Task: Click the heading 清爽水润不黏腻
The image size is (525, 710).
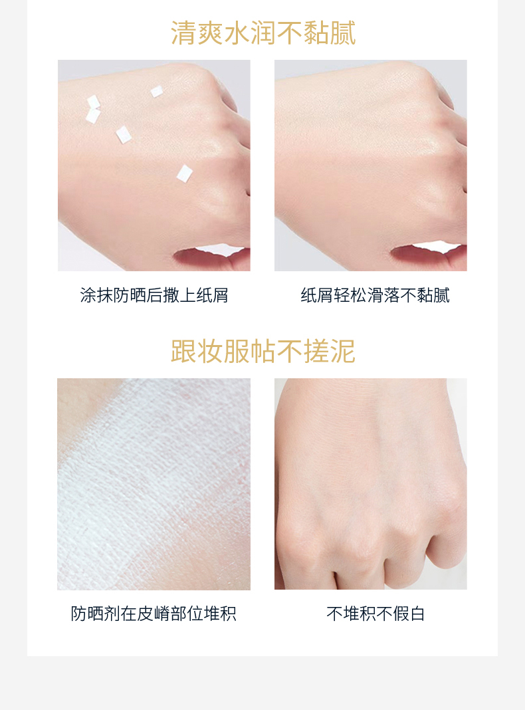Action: pyautogui.click(x=263, y=33)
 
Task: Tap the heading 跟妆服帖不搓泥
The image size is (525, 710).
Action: pyautogui.click(x=263, y=351)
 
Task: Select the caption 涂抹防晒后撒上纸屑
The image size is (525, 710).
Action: pyautogui.click(x=154, y=295)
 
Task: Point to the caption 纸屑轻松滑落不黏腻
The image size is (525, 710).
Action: pyautogui.click(x=375, y=295)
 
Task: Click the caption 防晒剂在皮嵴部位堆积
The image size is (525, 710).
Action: pyautogui.click(x=154, y=614)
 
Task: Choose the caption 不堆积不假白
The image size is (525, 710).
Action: pyautogui.click(x=375, y=614)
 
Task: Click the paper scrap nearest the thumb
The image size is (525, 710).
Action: pyautogui.click(x=184, y=174)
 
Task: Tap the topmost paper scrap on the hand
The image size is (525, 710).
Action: pyautogui.click(x=157, y=91)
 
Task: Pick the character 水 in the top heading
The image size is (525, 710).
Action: pyautogui.click(x=237, y=33)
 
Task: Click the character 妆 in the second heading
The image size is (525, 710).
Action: pyautogui.click(x=210, y=351)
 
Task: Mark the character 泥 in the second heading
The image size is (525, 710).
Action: pyautogui.click(x=343, y=351)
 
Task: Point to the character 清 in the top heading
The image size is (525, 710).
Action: pyautogui.click(x=183, y=33)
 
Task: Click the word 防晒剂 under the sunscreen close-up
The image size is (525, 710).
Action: pyautogui.click(x=95, y=614)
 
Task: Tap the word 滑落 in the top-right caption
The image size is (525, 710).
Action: pyautogui.click(x=383, y=295)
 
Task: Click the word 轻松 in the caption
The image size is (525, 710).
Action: pyautogui.click(x=350, y=295)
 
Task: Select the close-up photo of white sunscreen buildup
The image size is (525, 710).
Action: pyautogui.click(x=154, y=484)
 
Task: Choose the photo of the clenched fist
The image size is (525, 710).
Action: pyautogui.click(x=371, y=484)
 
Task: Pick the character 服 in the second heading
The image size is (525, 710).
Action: pyautogui.click(x=237, y=351)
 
